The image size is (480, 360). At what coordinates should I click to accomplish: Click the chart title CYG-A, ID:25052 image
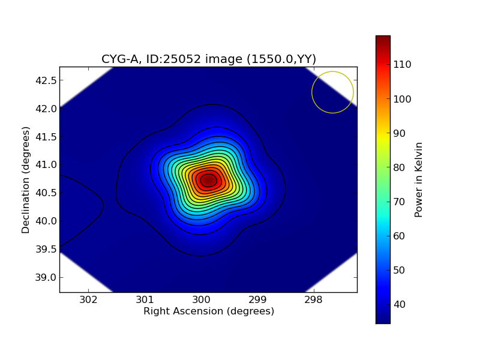(x=208, y=59)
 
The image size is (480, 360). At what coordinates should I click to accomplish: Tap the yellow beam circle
(x=332, y=92)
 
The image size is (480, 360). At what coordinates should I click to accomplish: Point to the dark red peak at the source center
(x=208, y=180)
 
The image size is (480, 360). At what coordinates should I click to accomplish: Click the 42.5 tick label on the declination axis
(x=46, y=80)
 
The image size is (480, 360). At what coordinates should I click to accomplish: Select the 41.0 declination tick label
(x=46, y=165)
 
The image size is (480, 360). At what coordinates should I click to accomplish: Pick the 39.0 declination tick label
(x=46, y=277)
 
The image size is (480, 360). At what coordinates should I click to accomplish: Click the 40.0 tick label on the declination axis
(x=46, y=221)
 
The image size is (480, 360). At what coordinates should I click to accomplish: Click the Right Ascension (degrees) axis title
(x=208, y=312)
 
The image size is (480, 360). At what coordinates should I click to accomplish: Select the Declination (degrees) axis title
(x=26, y=179)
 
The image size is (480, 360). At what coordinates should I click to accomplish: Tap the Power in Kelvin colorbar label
(x=419, y=179)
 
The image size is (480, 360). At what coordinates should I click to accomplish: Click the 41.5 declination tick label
(x=46, y=137)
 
